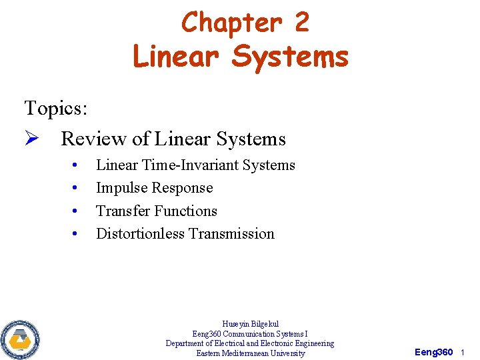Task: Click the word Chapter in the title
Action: point(223,22)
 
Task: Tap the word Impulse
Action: point(122,188)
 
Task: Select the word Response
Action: point(183,188)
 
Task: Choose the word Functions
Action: point(186,211)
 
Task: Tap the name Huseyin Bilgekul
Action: point(250,324)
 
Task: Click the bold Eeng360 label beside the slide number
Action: point(433,351)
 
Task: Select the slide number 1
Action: point(462,351)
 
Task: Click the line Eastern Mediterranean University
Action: point(250,353)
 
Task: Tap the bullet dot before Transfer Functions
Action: point(77,211)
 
